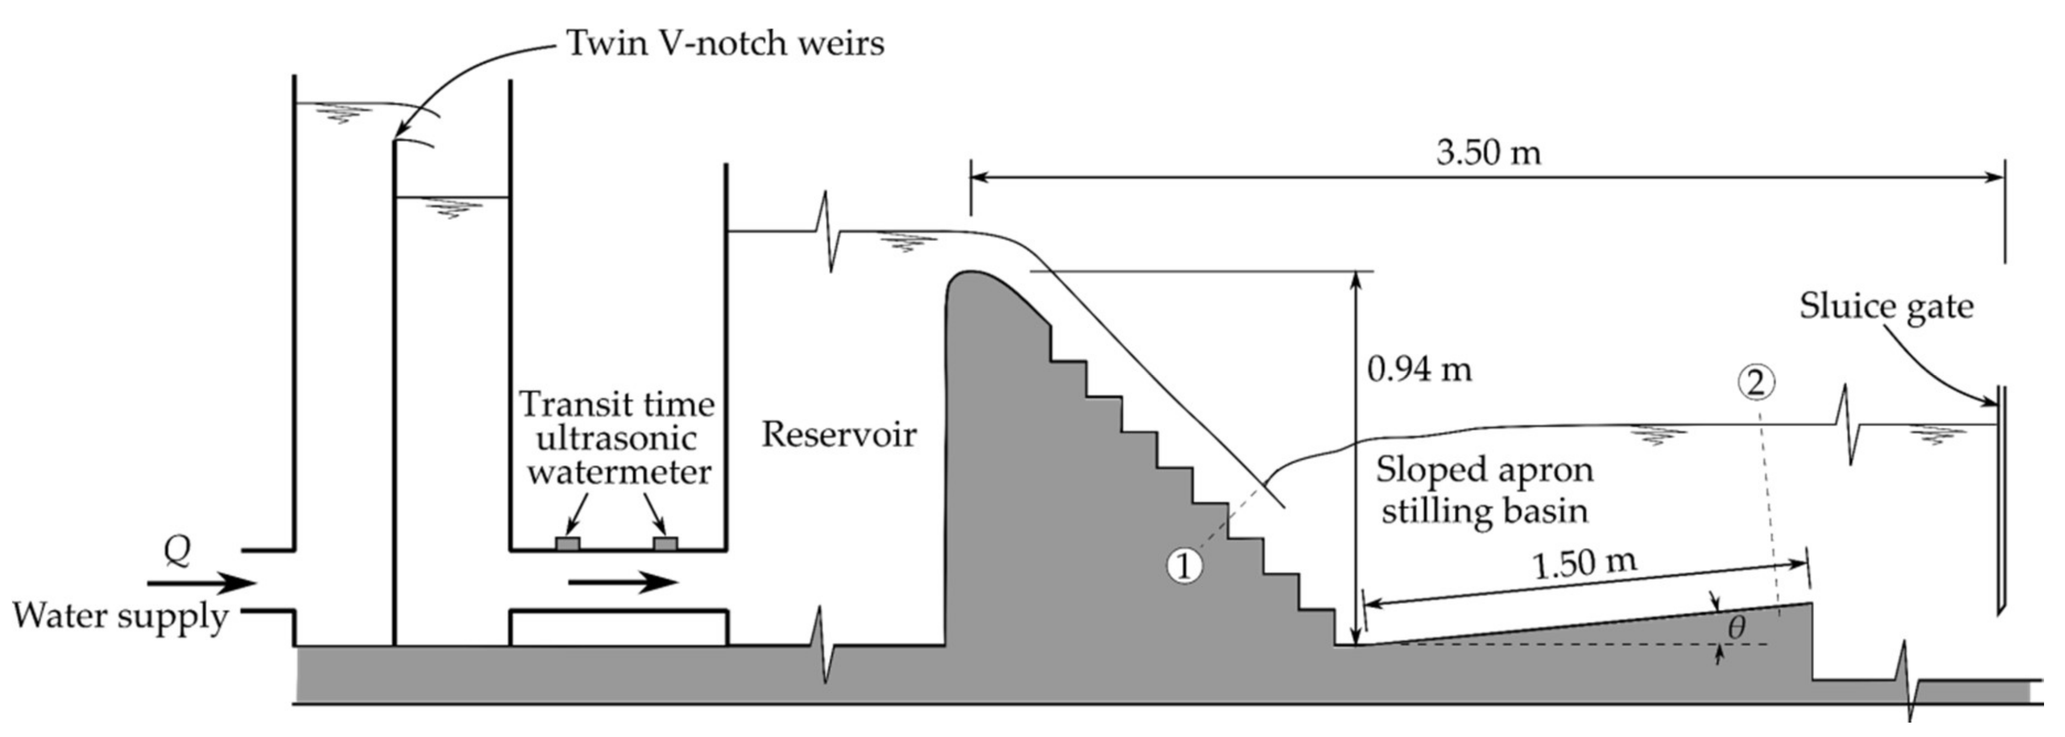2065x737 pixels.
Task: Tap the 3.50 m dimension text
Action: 1488,152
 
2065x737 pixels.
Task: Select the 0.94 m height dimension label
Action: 1419,370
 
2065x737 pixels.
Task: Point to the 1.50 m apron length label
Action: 1583,564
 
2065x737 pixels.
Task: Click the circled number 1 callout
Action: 1184,566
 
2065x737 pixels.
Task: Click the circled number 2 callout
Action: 1756,384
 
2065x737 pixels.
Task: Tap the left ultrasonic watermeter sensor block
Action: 568,544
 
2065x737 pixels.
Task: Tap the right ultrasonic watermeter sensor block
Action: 665,544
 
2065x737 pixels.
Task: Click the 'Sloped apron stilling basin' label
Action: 1484,490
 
